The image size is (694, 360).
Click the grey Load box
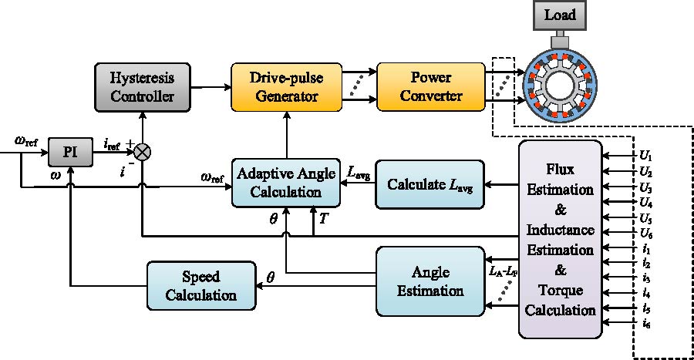pos(560,15)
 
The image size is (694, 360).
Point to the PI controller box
pos(69,150)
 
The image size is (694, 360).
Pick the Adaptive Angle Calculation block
pos(287,182)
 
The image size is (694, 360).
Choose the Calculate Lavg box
pos(429,185)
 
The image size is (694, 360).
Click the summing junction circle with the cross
pos(143,151)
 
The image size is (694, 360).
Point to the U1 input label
pos(646,155)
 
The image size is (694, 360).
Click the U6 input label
pos(646,232)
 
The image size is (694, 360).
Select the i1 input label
pos(646,248)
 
